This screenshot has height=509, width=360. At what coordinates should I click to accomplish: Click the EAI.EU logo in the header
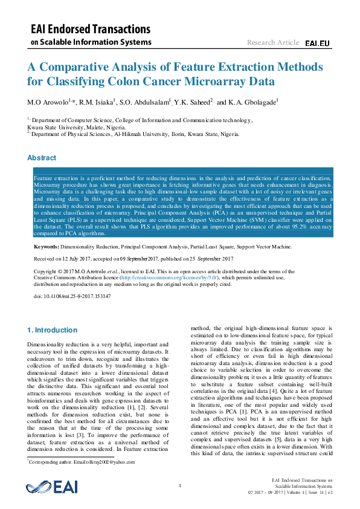click(x=317, y=44)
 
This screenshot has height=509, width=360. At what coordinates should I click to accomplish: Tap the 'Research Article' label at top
click(x=272, y=42)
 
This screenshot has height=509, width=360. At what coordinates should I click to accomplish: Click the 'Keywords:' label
click(x=46, y=247)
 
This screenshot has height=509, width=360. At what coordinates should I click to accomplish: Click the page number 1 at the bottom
click(x=180, y=485)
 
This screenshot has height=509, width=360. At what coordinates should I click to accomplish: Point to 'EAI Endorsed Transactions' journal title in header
click(x=91, y=29)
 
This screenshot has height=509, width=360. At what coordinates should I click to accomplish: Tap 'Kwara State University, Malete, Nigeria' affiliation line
click(x=76, y=128)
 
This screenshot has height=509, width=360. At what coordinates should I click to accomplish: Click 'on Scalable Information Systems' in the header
click(x=91, y=42)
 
